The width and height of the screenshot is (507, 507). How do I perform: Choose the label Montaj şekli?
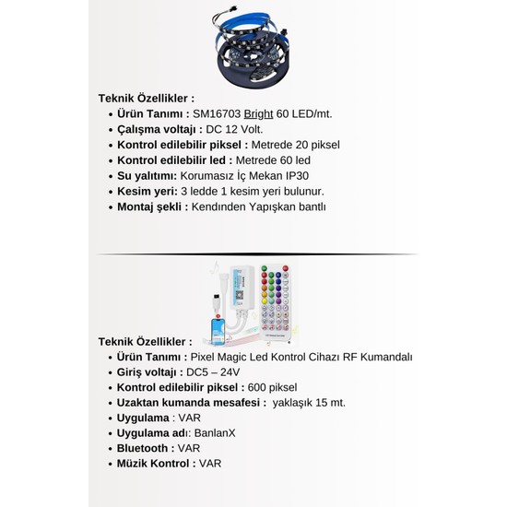point(152,207)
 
